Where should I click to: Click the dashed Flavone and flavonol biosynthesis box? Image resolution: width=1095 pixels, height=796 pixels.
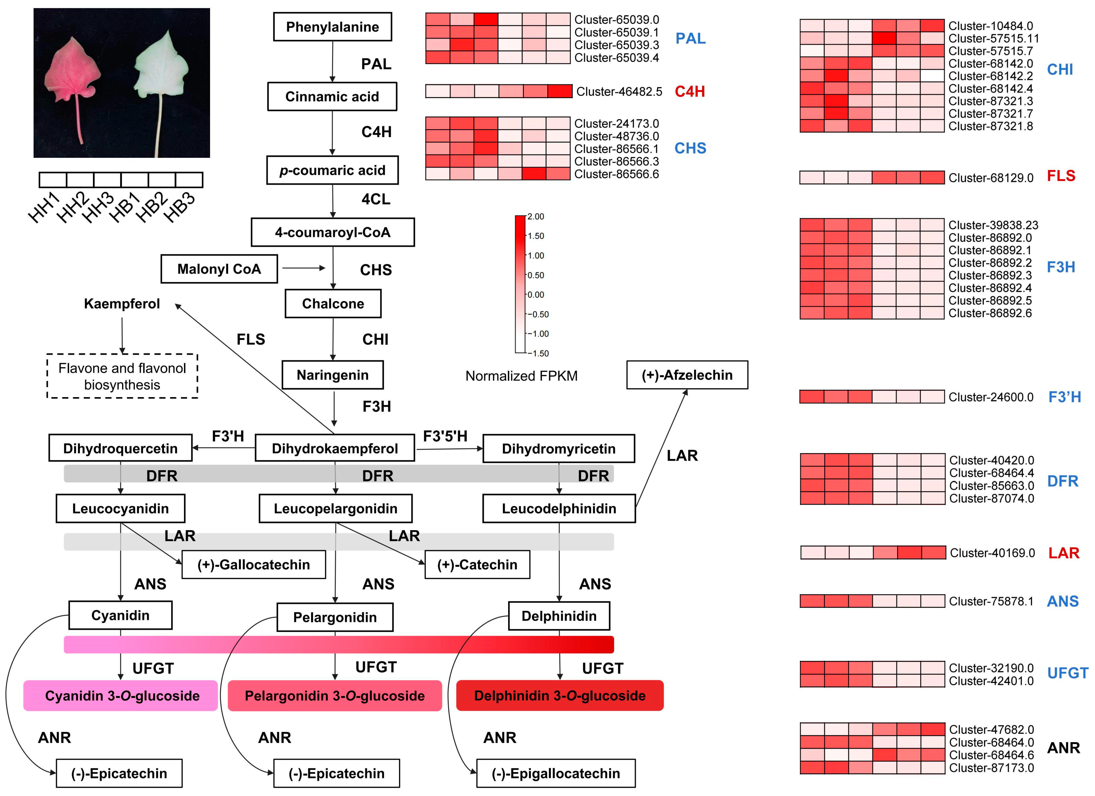(x=122, y=376)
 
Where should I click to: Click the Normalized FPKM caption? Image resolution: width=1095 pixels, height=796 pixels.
(x=521, y=376)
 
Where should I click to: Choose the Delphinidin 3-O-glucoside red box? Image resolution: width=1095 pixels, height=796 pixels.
(x=560, y=696)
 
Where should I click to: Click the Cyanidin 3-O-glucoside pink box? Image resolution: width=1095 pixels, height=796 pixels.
(x=122, y=696)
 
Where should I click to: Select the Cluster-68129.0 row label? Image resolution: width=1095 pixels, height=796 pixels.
(x=991, y=178)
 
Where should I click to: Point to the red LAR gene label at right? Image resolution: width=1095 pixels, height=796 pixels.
(x=1064, y=553)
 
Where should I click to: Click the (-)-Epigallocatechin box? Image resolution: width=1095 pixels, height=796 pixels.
(x=556, y=773)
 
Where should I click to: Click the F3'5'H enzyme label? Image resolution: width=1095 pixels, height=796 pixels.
(x=445, y=436)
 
